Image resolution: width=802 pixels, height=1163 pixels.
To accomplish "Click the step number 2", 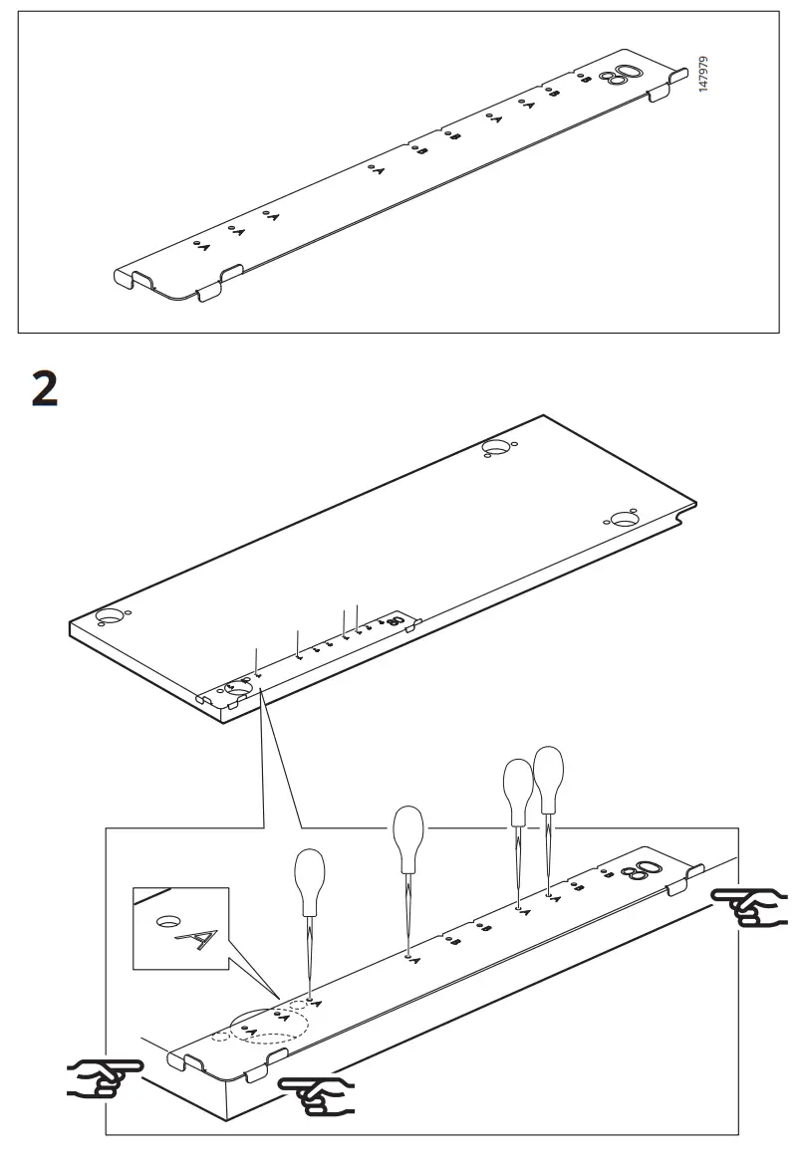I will pos(45,386).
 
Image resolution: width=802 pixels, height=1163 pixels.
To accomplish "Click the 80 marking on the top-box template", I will pos(626,76).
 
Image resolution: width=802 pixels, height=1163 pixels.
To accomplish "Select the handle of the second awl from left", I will pos(408,834).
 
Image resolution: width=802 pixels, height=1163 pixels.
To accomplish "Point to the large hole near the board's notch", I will pos(624,520).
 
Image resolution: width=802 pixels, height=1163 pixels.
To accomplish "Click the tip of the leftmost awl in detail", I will pos(311,999).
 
